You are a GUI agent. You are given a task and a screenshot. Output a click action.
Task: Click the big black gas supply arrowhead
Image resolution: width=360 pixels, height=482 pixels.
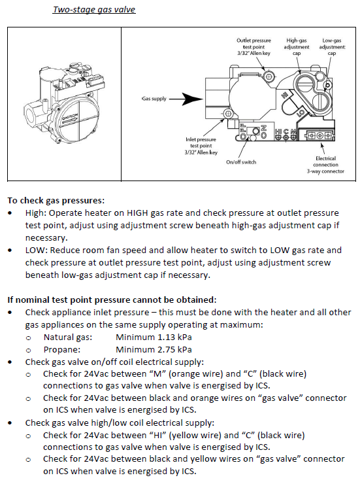[193, 99]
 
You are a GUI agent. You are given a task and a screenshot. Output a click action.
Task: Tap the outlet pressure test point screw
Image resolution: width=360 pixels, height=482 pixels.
[269, 76]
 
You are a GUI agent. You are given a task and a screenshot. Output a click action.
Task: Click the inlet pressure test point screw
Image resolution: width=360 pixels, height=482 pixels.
[228, 114]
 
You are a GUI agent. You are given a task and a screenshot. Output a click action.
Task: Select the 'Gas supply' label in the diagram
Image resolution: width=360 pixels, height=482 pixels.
[154, 99]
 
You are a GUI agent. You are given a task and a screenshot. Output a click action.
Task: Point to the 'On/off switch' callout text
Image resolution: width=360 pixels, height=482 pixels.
[241, 162]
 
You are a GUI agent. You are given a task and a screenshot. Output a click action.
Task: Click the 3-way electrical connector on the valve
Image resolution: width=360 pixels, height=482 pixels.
[319, 135]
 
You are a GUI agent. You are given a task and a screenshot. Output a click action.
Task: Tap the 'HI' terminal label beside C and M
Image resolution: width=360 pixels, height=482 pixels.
[278, 132]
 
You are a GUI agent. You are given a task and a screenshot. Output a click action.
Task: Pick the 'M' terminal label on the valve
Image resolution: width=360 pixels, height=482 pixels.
[293, 132]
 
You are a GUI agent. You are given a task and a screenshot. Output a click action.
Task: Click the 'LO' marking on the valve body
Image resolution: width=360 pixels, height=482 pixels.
[301, 112]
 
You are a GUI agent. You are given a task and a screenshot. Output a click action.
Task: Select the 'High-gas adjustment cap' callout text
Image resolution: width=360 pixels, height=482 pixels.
[297, 46]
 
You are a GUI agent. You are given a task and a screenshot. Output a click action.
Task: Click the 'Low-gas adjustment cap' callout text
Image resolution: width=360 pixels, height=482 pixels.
[332, 46]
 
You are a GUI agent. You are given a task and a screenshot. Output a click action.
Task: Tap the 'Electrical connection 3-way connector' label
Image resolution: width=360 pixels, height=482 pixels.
[325, 165]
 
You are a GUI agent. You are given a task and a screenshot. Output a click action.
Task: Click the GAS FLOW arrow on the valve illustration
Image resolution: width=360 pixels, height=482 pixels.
[71, 119]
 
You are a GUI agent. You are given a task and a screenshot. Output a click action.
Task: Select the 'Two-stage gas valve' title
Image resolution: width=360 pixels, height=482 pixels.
[94, 10]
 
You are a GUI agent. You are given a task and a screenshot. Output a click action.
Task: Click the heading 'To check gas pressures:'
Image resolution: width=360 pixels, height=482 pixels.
[56, 200]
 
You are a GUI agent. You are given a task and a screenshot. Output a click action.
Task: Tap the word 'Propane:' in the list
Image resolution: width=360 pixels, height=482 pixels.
[62, 350]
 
